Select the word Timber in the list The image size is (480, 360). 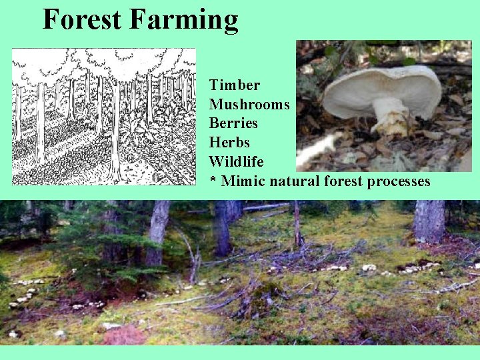(234, 85)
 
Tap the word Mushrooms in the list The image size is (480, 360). (249, 105)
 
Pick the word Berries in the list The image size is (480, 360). (233, 123)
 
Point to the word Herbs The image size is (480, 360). (229, 143)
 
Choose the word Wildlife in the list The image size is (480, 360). (237, 162)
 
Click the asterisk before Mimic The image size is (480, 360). (213, 181)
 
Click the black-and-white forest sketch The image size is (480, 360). (104, 116)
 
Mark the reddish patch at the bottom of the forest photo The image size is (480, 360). (123, 335)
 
